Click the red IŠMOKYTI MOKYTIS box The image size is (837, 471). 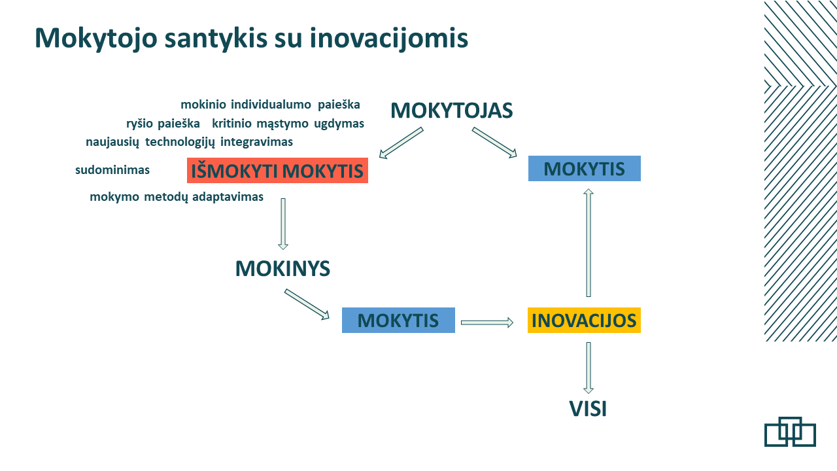(277, 171)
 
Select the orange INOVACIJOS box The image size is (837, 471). (584, 320)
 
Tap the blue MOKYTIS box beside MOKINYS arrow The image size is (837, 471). (398, 320)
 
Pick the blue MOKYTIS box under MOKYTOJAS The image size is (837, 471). (585, 169)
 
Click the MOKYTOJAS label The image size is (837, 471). (451, 111)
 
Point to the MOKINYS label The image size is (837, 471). (282, 268)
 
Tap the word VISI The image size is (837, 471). (588, 409)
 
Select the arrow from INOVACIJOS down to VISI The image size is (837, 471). (589, 368)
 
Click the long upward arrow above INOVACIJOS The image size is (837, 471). (589, 243)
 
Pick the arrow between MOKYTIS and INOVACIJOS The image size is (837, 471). (487, 323)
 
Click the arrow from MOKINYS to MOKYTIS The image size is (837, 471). (307, 304)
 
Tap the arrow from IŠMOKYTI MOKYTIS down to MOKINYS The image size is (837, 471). (283, 224)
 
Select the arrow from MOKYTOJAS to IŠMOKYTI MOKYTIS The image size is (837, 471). (401, 143)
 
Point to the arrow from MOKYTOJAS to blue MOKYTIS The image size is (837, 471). (494, 143)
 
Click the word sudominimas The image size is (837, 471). (112, 170)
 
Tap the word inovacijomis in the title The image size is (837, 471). (388, 39)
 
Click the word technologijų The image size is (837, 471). (180, 143)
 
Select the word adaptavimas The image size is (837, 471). (228, 197)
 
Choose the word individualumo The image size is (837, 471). (271, 105)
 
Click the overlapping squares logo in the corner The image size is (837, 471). (790, 432)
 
